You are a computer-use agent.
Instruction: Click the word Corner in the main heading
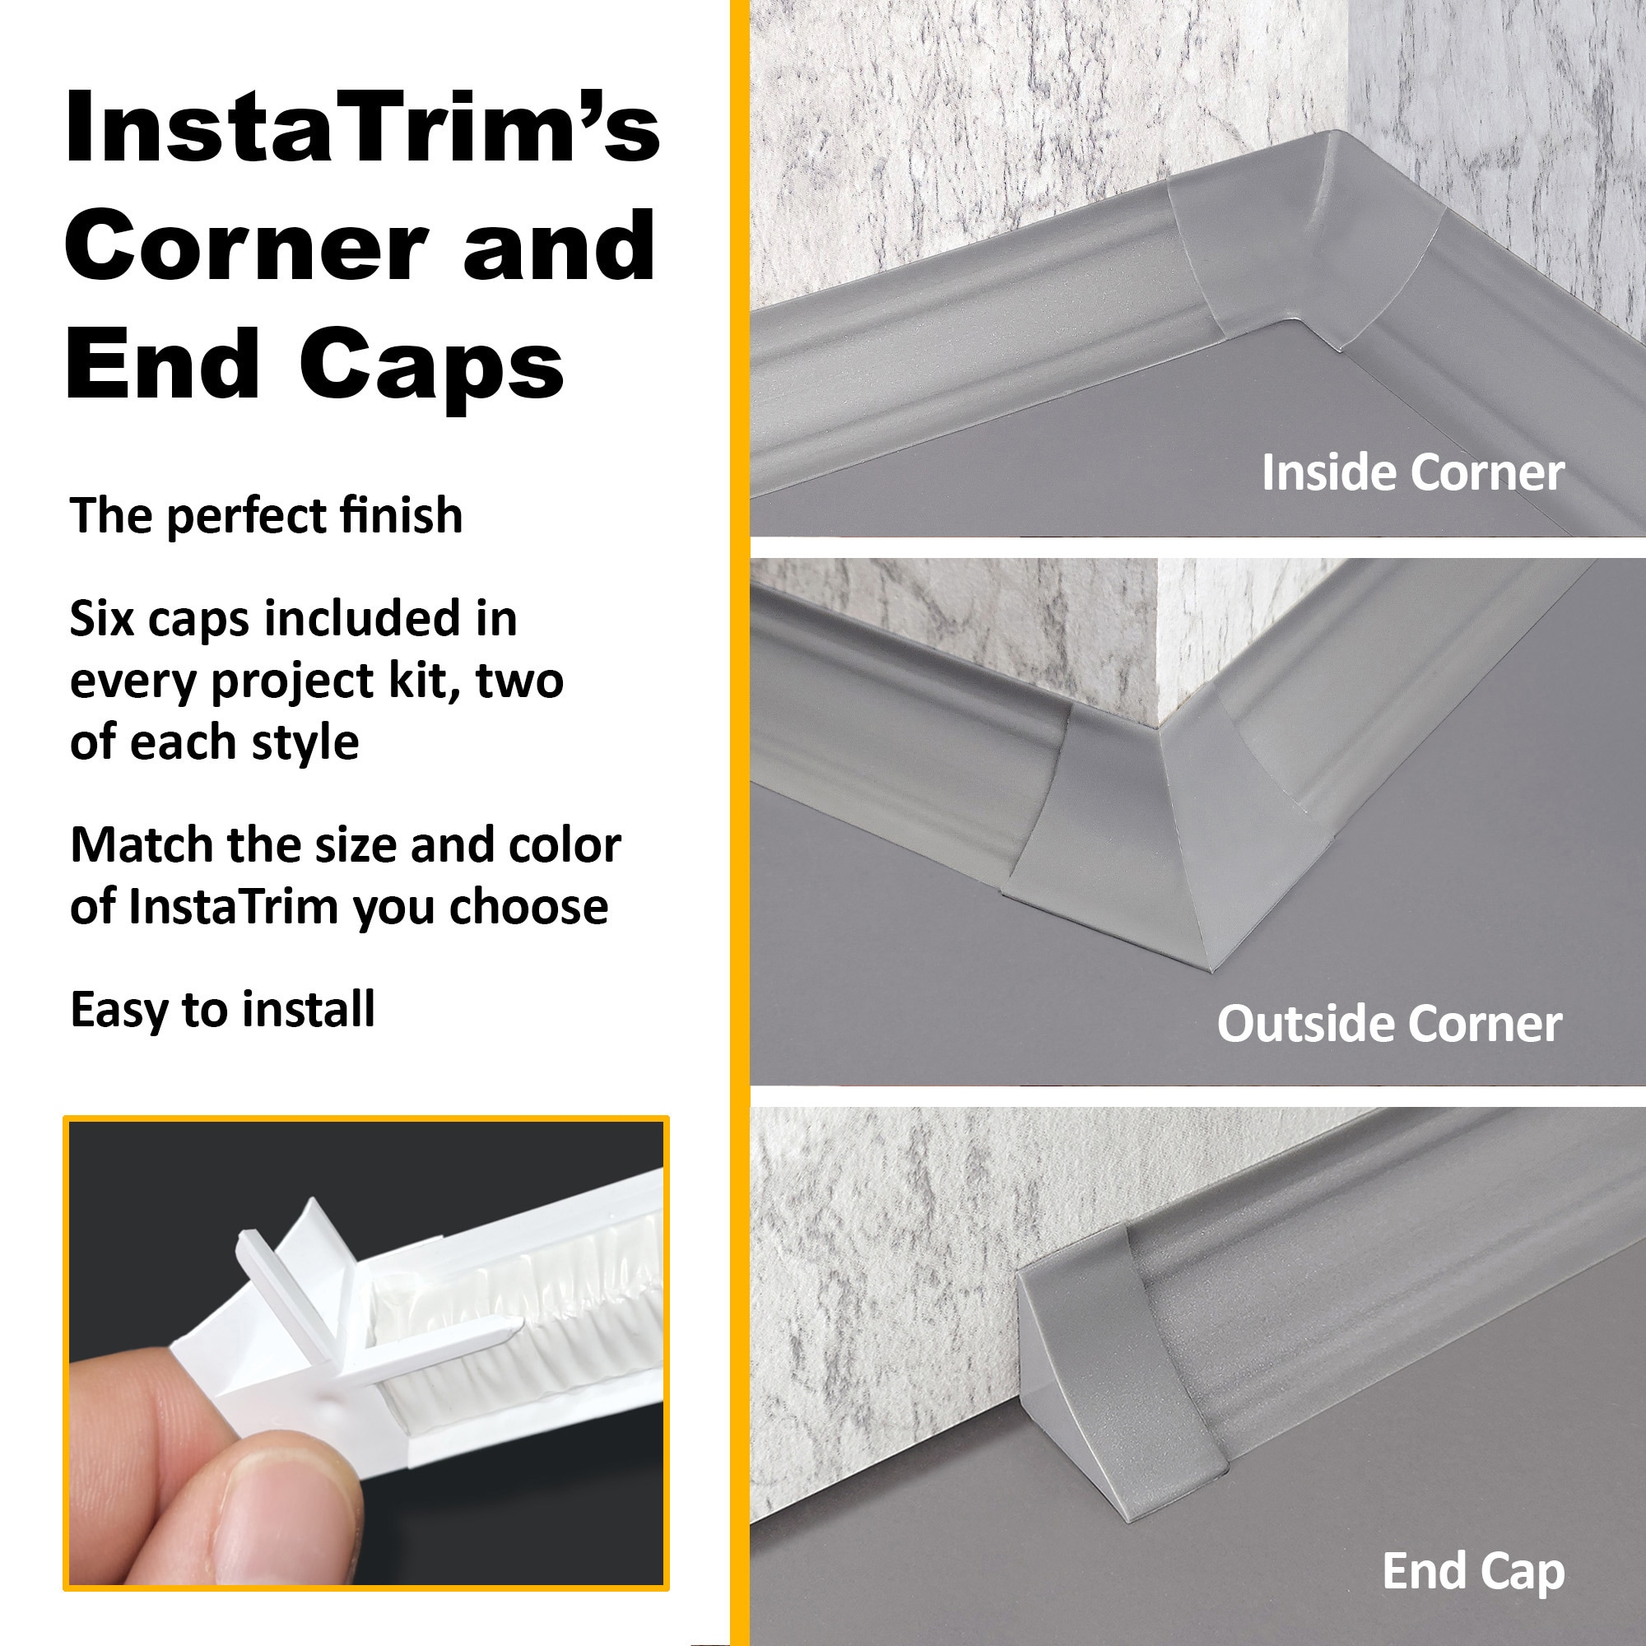click(x=247, y=247)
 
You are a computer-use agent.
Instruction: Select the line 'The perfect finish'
click(x=266, y=516)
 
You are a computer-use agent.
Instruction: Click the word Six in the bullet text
click(x=101, y=619)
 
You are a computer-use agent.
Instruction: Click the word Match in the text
click(x=142, y=846)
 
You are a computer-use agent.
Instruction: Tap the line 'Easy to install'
click(x=222, y=1010)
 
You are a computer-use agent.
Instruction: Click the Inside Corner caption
click(x=1412, y=473)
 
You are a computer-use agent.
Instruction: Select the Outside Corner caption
click(x=1389, y=1023)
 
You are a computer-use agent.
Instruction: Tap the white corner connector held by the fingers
click(x=290, y=1304)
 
